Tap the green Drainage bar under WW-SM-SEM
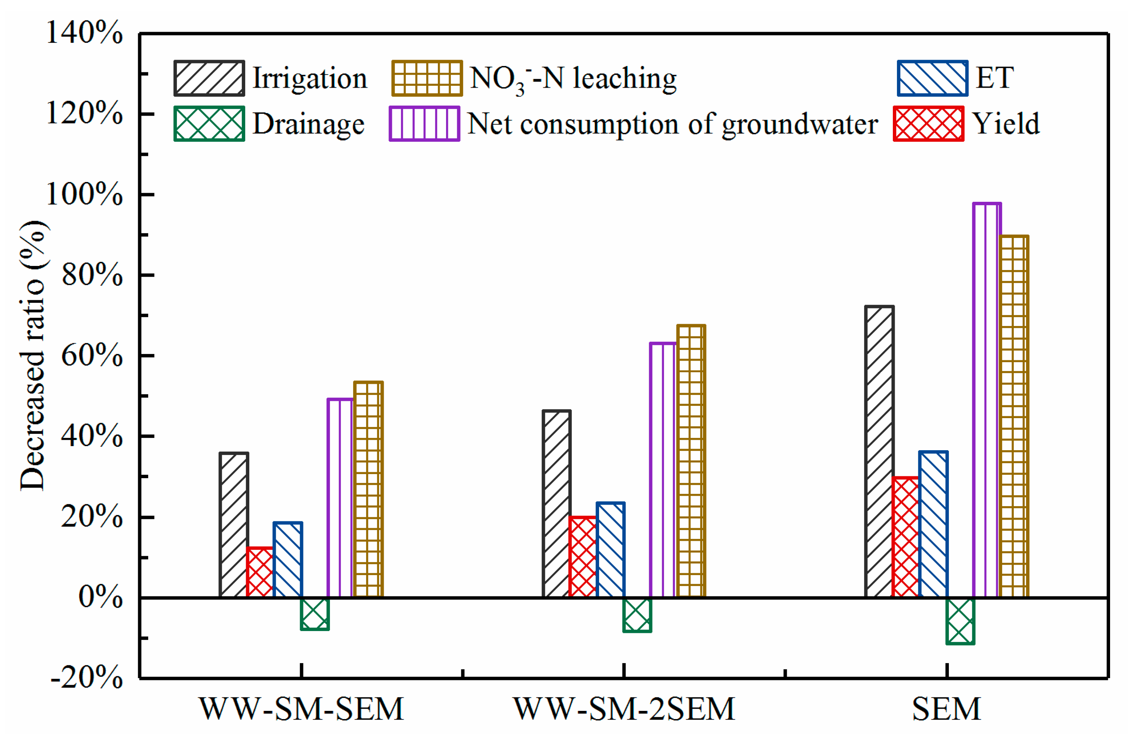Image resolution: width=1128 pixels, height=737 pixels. click(315, 614)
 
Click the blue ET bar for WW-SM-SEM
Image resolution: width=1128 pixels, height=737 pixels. click(288, 560)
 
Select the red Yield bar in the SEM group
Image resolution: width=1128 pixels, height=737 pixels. click(905, 537)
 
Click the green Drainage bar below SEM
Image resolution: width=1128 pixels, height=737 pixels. click(960, 621)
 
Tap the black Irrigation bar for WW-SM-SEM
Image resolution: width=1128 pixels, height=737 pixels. click(234, 525)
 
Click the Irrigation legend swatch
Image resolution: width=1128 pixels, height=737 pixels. click(209, 78)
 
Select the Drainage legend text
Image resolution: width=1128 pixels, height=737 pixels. click(309, 124)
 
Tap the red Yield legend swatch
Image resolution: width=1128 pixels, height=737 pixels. click(928, 124)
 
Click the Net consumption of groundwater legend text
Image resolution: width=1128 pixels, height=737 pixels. click(673, 124)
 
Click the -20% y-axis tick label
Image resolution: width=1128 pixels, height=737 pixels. click(87, 677)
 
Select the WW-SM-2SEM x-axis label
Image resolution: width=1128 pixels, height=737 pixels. click(624, 709)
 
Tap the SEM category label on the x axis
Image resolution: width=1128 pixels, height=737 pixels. click(946, 709)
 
